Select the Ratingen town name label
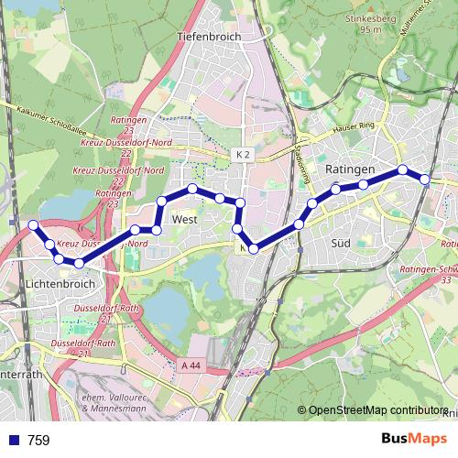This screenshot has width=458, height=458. pos(350,170)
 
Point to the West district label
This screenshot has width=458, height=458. pos(185,220)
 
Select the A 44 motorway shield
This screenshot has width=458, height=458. pos(191,365)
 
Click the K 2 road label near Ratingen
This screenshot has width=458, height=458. pos(242,156)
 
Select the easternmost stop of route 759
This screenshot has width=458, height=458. pos(425,180)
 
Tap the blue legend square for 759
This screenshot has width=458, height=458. pos(13,441)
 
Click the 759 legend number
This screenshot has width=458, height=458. pos(38,441)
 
